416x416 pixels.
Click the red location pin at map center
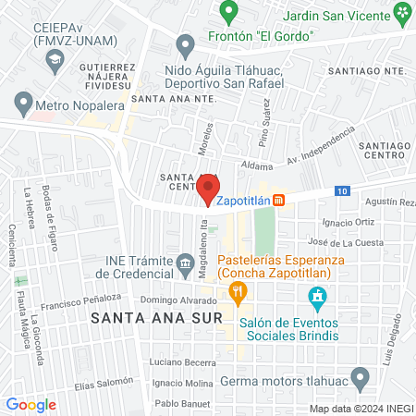click(x=205, y=188)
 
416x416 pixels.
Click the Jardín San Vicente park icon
click(x=402, y=13)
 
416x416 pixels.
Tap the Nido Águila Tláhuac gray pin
click(x=186, y=45)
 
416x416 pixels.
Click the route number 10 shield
click(x=342, y=190)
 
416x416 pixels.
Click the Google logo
click(x=31, y=404)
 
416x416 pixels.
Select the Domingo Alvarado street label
click(x=180, y=300)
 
